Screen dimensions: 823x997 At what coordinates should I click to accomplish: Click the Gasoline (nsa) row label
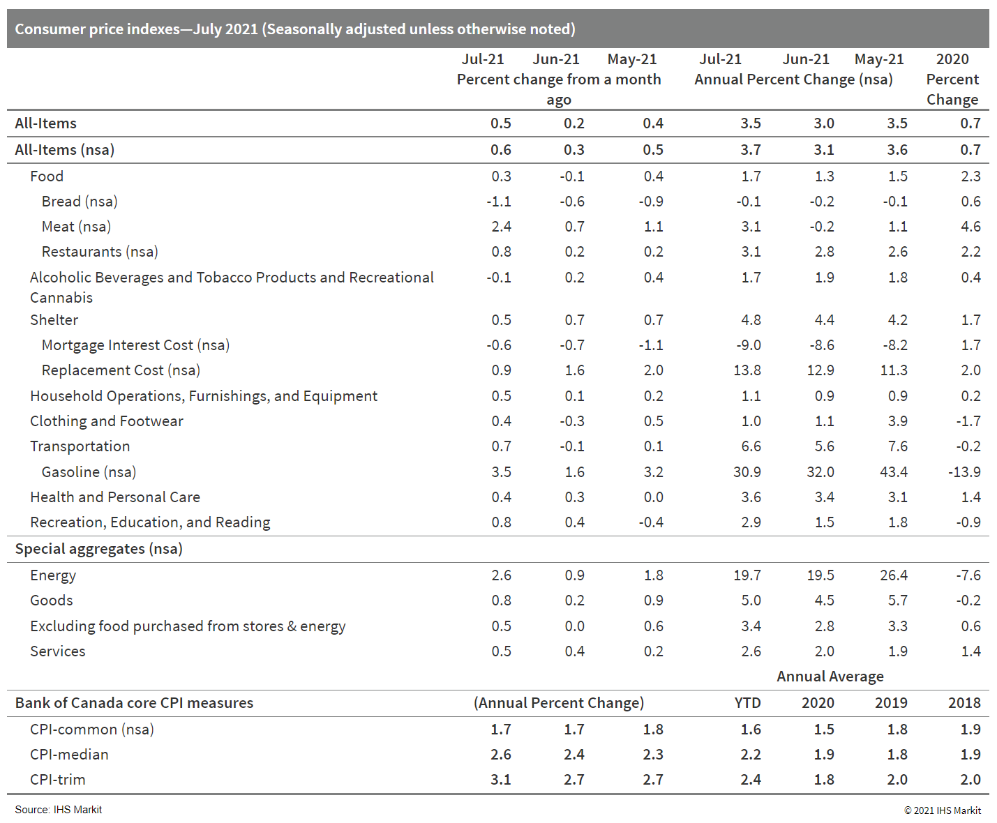[89, 472]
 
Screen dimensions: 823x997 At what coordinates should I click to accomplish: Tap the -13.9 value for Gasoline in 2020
[964, 472]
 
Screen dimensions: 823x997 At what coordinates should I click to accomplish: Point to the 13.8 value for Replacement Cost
[747, 370]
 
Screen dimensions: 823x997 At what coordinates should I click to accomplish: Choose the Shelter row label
[54, 320]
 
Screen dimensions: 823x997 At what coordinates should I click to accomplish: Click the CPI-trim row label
[58, 780]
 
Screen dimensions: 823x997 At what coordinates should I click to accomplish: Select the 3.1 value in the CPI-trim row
[501, 780]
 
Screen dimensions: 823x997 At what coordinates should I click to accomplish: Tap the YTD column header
[747, 703]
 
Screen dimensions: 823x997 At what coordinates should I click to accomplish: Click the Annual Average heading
[830, 677]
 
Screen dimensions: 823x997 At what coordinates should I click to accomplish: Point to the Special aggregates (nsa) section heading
[99, 549]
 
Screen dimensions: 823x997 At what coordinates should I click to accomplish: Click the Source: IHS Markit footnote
[59, 810]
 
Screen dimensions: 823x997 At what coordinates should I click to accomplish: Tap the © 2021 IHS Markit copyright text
[943, 810]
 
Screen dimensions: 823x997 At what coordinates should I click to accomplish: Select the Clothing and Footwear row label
[107, 421]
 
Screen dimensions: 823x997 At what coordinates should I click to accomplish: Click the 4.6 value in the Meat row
[970, 227]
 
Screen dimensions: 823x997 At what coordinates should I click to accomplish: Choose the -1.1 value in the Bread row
[499, 202]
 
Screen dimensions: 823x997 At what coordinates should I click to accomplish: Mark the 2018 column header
[964, 703]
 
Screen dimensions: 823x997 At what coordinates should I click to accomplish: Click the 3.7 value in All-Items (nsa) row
[751, 150]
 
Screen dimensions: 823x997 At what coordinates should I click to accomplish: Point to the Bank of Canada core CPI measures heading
[134, 703]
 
